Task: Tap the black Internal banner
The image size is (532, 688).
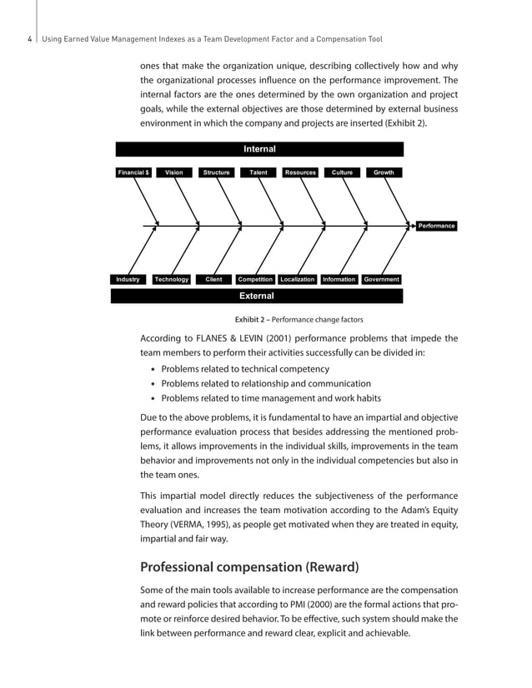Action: coord(258,149)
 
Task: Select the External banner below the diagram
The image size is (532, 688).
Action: coord(257,296)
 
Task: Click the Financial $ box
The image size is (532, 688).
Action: coord(133,172)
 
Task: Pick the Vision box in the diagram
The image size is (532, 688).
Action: coord(174,172)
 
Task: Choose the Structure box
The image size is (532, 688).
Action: coord(216,172)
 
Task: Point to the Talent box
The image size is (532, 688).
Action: coord(258,172)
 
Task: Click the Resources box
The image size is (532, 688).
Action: coord(300,172)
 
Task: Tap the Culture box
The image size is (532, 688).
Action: coord(342,172)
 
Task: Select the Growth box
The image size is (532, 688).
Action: coord(384,172)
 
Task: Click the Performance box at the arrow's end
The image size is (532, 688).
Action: coord(436,226)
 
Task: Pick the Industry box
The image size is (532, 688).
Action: coord(128,279)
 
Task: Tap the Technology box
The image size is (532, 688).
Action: coord(172,279)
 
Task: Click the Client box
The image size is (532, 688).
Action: coord(213,279)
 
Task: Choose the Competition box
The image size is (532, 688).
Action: coord(255,279)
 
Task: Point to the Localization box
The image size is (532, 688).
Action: coord(298,279)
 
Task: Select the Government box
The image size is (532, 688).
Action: coord(381,279)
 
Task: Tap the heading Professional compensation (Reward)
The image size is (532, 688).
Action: coord(249,567)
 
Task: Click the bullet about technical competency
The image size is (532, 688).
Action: coord(260,367)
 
